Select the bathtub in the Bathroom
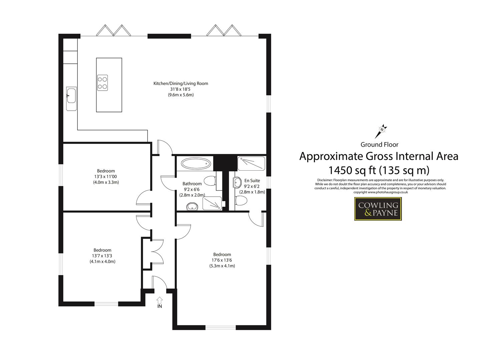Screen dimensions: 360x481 tap(196, 164)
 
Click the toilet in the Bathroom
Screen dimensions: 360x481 tap(210, 181)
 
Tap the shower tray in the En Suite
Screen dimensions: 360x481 tap(251, 163)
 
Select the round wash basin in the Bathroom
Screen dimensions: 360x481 tap(192, 207)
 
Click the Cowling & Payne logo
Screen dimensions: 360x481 tap(378, 209)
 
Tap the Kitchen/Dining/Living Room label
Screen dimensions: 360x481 tap(180, 83)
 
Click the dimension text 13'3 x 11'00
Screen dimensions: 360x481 tap(106, 177)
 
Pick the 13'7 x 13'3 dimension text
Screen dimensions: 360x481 tap(102, 256)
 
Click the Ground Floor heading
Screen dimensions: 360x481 tap(379, 144)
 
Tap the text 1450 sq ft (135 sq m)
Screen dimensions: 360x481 tap(379, 170)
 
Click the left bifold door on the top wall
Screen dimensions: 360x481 tap(112, 30)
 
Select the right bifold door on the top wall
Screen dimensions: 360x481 tap(223, 30)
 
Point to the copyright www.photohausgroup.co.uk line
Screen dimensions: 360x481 tap(380, 192)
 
